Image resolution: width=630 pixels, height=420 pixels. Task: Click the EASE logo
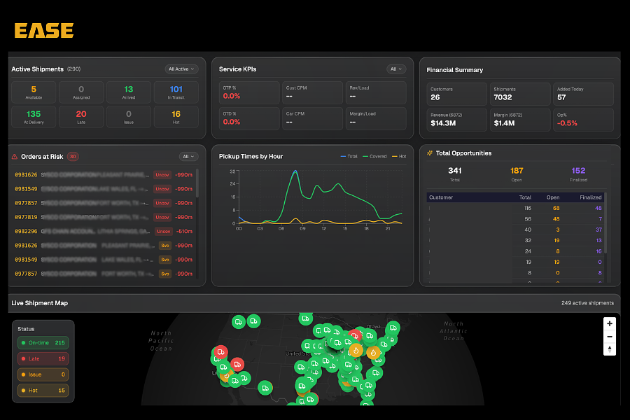pyautogui.click(x=43, y=31)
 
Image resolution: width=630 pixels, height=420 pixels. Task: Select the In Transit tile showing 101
pyautogui.click(x=176, y=92)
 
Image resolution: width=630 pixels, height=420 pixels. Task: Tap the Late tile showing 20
pyautogui.click(x=81, y=117)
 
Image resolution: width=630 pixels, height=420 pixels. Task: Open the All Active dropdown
pyautogui.click(x=182, y=69)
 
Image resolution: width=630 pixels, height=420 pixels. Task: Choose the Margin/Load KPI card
pyautogui.click(x=375, y=118)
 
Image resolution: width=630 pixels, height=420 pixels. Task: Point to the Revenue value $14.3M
pyautogui.click(x=444, y=123)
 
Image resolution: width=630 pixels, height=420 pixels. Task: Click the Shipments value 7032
pyautogui.click(x=503, y=97)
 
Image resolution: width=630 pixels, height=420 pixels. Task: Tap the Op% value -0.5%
pyautogui.click(x=566, y=123)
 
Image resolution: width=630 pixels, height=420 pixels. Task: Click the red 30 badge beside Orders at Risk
pyautogui.click(x=73, y=157)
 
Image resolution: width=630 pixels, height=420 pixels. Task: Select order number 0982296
pyautogui.click(x=27, y=231)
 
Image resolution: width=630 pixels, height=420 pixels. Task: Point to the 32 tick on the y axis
pyautogui.click(x=233, y=171)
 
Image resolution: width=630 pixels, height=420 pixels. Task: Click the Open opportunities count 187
pyautogui.click(x=517, y=171)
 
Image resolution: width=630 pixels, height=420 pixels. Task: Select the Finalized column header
pyautogui.click(x=590, y=197)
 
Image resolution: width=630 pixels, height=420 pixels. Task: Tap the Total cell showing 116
pyautogui.click(x=526, y=208)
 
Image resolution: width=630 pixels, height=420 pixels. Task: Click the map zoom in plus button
pyautogui.click(x=610, y=324)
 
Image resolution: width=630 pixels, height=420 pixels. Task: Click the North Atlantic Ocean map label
pyautogui.click(x=453, y=331)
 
